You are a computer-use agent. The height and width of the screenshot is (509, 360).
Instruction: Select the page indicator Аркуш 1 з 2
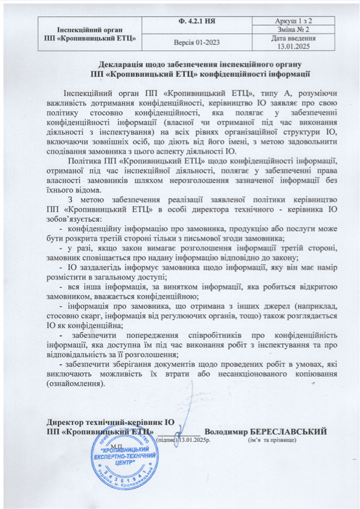[295, 21]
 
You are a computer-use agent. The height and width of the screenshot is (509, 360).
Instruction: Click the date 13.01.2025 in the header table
[295, 45]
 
